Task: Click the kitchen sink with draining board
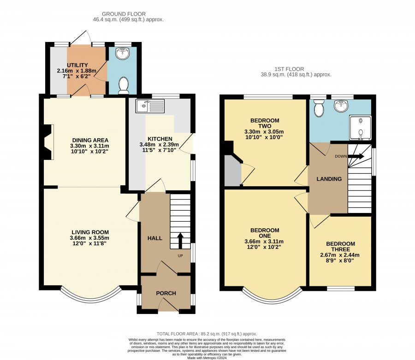point(150,106)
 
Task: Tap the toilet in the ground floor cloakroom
point(123,85)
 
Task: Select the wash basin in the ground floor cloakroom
point(123,53)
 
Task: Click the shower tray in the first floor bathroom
point(360,128)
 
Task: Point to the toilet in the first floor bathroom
point(318,108)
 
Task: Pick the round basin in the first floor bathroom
point(341,106)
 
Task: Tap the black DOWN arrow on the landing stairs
point(356,156)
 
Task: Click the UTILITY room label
point(77,65)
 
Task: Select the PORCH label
point(166,293)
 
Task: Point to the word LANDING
point(329,179)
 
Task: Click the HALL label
point(155,238)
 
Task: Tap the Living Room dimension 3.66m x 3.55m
point(89,238)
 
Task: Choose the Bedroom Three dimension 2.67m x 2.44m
point(340,255)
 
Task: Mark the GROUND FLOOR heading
point(124,14)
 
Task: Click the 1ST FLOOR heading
point(289,69)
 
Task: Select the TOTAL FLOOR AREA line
point(207,334)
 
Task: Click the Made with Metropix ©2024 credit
point(207,358)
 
